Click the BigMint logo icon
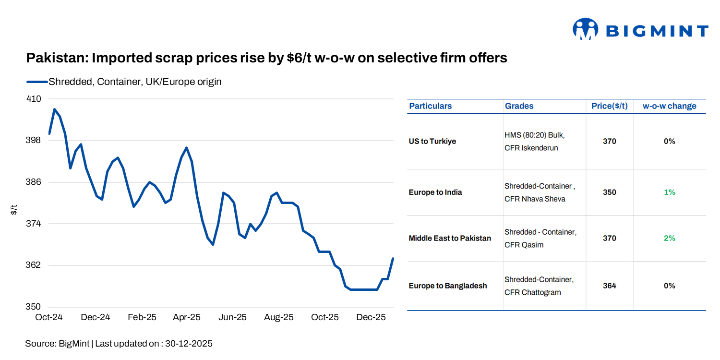[585, 29]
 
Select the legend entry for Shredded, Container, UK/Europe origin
[134, 82]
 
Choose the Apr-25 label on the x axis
[187, 318]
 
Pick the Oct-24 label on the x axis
[49, 318]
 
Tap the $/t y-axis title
[14, 209]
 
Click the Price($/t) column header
[609, 106]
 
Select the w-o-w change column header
[669, 106]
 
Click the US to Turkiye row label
[432, 142]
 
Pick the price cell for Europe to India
[609, 192]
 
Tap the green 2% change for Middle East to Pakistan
[669, 238]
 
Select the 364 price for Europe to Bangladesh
[609, 286]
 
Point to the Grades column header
[519, 106]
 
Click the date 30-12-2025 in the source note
[188, 344]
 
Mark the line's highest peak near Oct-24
[54, 109]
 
